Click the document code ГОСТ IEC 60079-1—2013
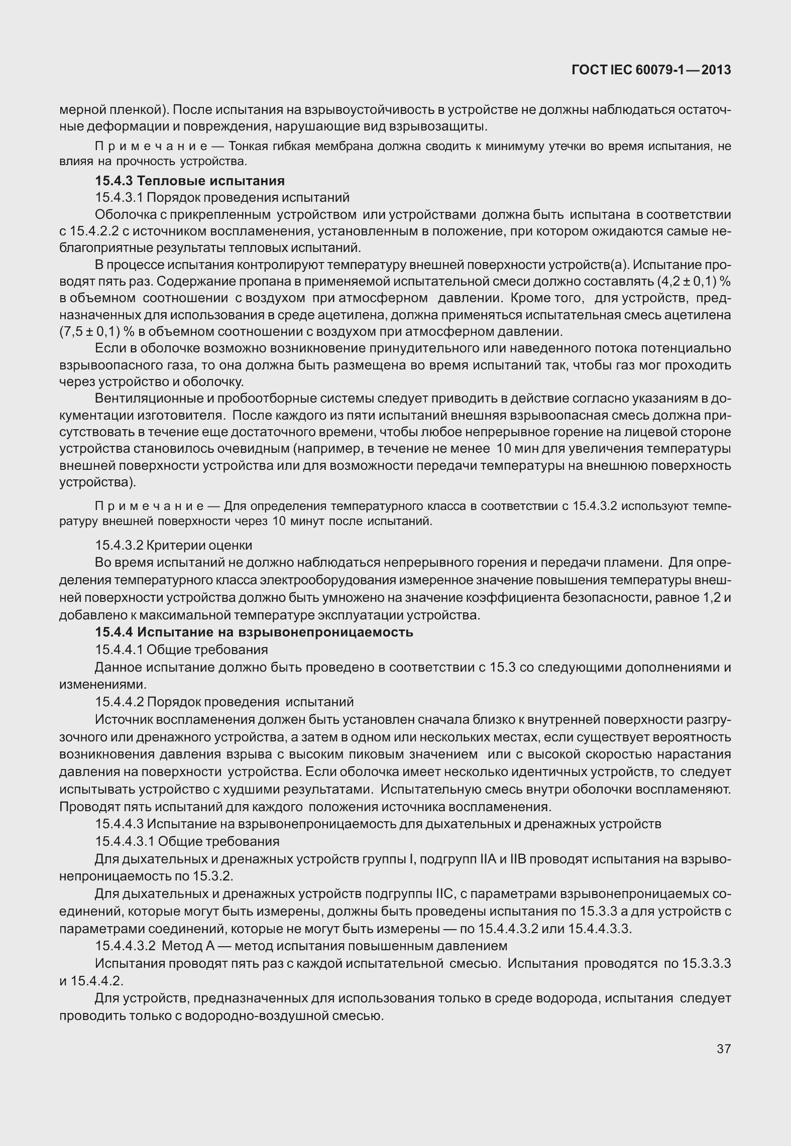(x=651, y=70)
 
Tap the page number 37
(x=724, y=1049)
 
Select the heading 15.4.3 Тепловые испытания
(x=190, y=181)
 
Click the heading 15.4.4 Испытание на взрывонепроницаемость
(x=254, y=632)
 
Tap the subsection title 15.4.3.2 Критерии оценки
(x=174, y=545)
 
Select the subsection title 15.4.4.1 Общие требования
(x=181, y=650)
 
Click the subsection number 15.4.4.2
(x=119, y=701)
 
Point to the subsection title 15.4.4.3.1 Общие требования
(x=187, y=841)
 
